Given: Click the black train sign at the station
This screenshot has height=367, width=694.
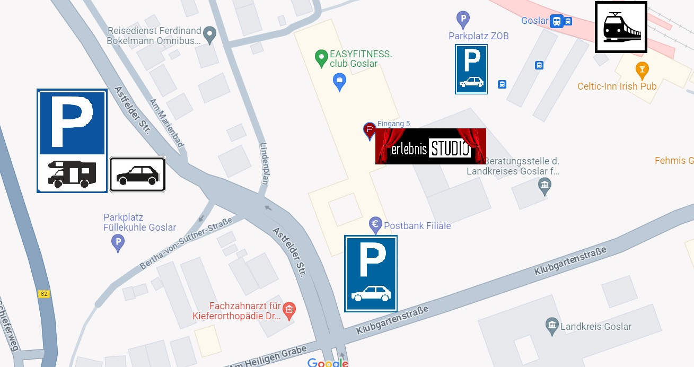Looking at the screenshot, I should tap(621, 27).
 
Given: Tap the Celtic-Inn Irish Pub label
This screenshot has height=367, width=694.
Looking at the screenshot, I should tap(617, 86).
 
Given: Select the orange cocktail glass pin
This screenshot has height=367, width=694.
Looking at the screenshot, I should tap(642, 69).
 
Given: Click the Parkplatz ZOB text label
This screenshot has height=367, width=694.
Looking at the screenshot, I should tap(478, 36).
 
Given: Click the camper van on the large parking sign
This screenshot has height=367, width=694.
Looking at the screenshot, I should tap(72, 173).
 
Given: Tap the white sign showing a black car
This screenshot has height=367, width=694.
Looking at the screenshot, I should tap(137, 174).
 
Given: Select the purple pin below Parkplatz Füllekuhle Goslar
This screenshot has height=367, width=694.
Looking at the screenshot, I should tap(118, 243).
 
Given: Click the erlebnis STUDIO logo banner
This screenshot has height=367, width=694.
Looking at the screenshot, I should tap(431, 146).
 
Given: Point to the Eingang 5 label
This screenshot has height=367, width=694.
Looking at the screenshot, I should tap(393, 124).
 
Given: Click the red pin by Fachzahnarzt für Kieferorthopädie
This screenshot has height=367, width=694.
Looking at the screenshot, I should tap(288, 310).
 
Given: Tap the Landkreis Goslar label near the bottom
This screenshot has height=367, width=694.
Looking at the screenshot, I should tap(595, 327).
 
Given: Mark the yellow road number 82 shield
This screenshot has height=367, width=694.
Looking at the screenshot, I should tap(44, 293).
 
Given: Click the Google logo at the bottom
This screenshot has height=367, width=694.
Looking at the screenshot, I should tap(328, 363).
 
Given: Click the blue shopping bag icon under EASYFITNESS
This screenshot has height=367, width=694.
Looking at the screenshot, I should tap(339, 82).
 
